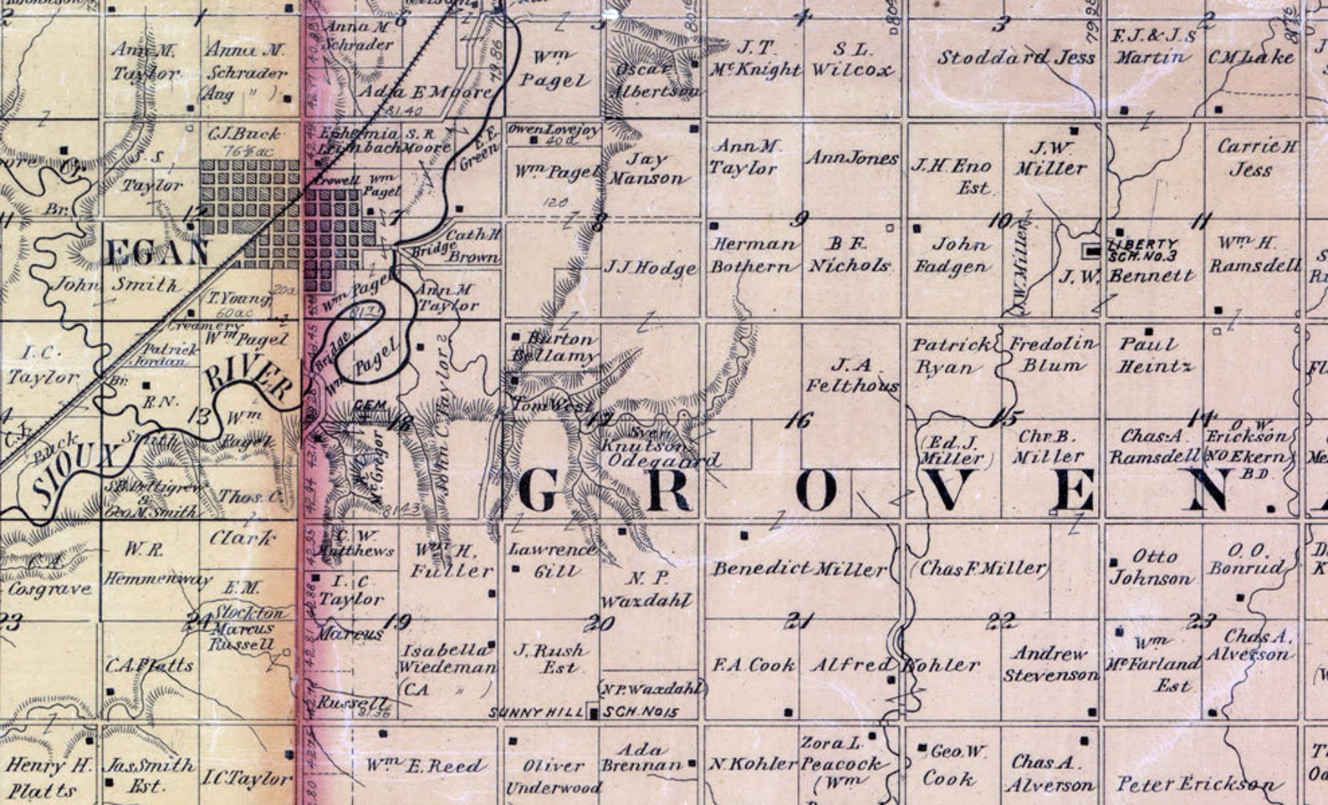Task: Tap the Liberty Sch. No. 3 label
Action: click(1143, 249)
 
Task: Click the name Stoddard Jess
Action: click(1015, 58)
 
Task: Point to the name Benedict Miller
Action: click(799, 569)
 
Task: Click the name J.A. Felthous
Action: click(852, 374)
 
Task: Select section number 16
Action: click(799, 420)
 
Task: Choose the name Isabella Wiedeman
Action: click(447, 659)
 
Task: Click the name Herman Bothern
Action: click(753, 255)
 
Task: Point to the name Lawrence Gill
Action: click(553, 560)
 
